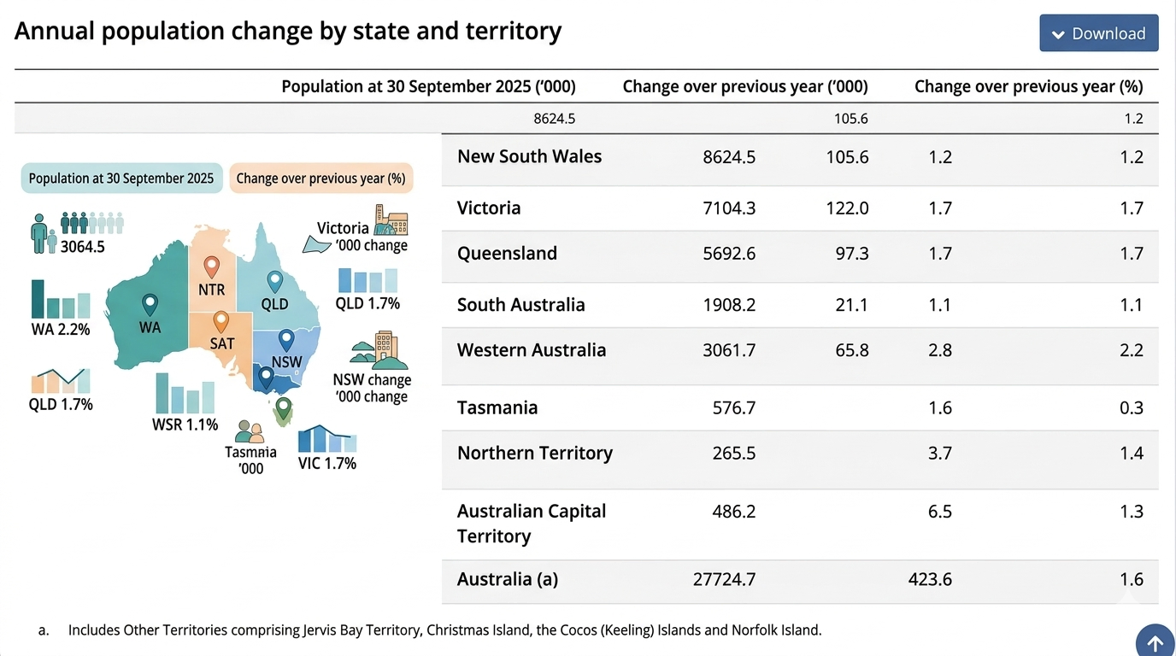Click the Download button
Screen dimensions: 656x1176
1098,33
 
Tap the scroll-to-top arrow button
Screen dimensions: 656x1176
1155,642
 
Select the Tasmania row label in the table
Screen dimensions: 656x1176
497,407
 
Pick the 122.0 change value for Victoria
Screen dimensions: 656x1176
847,208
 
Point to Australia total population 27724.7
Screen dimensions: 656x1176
724,579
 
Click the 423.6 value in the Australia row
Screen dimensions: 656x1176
930,579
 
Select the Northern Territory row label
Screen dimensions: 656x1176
535,453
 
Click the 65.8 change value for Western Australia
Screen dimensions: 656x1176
851,349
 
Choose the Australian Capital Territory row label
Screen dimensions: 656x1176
532,523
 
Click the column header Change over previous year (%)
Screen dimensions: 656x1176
1028,86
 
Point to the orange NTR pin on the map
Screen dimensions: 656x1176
211,267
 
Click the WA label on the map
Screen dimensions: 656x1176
150,327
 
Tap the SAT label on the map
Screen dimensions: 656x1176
222,343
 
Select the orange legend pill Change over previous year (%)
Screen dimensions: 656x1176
320,179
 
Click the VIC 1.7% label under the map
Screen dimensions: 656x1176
327,464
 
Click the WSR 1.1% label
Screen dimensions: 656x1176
185,425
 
